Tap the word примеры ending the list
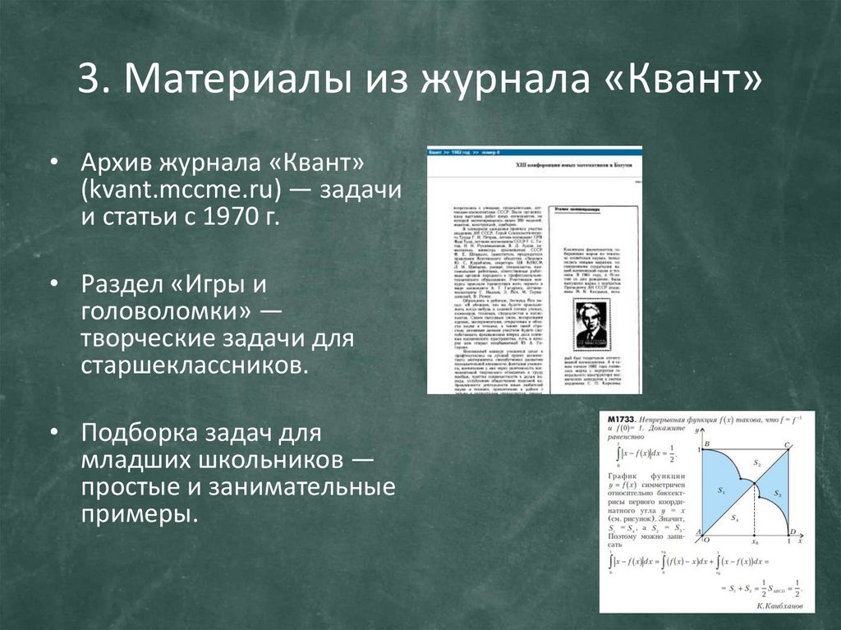(x=140, y=514)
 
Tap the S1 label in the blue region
(x=722, y=490)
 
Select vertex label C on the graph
(x=787, y=444)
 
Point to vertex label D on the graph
(x=793, y=532)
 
